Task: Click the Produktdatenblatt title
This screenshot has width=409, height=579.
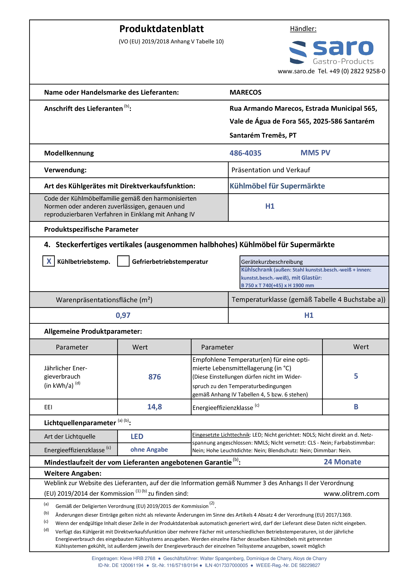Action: [161, 29]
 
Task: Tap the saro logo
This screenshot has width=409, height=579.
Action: [331, 52]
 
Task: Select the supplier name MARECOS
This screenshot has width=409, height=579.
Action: [245, 92]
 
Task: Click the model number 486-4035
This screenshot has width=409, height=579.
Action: [245, 153]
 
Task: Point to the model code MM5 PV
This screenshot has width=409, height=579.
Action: [315, 152]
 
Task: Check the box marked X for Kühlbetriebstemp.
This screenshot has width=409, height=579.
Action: [49, 261]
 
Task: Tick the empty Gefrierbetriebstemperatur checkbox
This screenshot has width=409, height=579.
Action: [123, 261]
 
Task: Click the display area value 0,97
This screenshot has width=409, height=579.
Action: [123, 315]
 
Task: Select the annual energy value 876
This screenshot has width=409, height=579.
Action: [154, 377]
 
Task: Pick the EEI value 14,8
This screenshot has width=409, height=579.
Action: [154, 407]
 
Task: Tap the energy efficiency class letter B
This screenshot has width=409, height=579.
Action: [356, 407]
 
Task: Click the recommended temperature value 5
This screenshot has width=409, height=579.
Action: [356, 376]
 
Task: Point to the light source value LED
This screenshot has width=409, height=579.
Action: [137, 436]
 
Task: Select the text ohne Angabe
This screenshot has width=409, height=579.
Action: [149, 450]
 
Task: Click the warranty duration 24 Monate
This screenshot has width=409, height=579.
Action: [342, 462]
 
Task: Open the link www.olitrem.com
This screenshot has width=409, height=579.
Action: [351, 493]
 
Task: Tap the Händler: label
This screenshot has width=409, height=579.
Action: [303, 29]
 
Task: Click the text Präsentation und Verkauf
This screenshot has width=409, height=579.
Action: [271, 170]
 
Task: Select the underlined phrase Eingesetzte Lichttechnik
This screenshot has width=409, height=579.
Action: [221, 435]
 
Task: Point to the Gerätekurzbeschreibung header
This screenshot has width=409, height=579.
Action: [272, 262]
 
